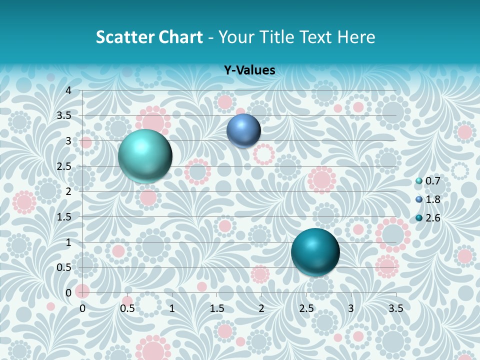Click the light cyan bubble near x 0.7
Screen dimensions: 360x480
click(x=145, y=156)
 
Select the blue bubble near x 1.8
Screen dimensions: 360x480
click(x=243, y=130)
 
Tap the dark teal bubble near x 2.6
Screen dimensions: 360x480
click(x=315, y=252)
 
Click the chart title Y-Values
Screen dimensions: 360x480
click(x=249, y=70)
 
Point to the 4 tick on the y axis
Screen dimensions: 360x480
click(x=69, y=90)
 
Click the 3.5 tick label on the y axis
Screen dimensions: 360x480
click(x=64, y=115)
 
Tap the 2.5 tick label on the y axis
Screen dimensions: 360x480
click(x=64, y=166)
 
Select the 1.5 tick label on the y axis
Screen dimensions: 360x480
click(x=64, y=217)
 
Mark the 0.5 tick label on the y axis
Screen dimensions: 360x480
click(x=64, y=267)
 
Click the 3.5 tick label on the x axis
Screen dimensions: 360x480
click(x=395, y=308)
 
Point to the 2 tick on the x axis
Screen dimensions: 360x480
click(x=261, y=308)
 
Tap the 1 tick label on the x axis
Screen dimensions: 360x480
click(x=172, y=308)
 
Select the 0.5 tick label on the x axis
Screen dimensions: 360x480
click(x=127, y=308)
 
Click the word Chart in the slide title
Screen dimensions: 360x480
click(x=180, y=37)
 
